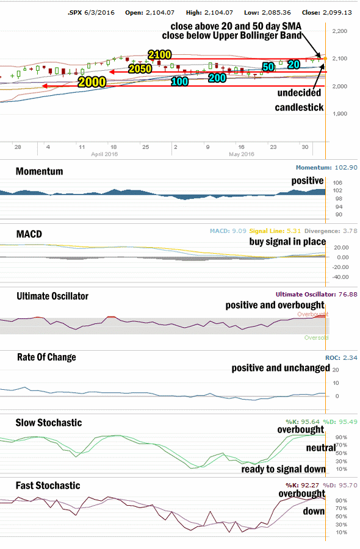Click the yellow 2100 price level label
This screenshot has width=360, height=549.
coord(160,55)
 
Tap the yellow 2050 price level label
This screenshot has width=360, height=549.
coord(140,68)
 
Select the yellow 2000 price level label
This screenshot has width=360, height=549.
coord(92,82)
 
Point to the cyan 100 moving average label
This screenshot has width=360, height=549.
coord(179,82)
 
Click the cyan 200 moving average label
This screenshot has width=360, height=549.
coord(217,77)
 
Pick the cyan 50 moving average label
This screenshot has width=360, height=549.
coord(268,67)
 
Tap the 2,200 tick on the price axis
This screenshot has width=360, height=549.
coord(340,31)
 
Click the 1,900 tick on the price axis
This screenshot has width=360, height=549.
coord(340,114)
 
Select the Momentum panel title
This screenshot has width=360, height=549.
coord(39,171)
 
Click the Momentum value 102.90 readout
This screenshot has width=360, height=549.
coord(346,168)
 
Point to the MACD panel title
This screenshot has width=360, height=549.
coord(29,234)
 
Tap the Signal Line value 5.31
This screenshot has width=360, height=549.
coord(294,231)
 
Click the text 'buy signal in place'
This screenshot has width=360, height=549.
coord(287,242)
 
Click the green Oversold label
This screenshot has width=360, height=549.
coord(316,338)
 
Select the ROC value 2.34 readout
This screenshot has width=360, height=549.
coord(350,358)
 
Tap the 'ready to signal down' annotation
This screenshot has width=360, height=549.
coord(283,469)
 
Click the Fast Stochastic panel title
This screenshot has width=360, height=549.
coord(48,486)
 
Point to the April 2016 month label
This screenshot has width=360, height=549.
coord(104,154)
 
